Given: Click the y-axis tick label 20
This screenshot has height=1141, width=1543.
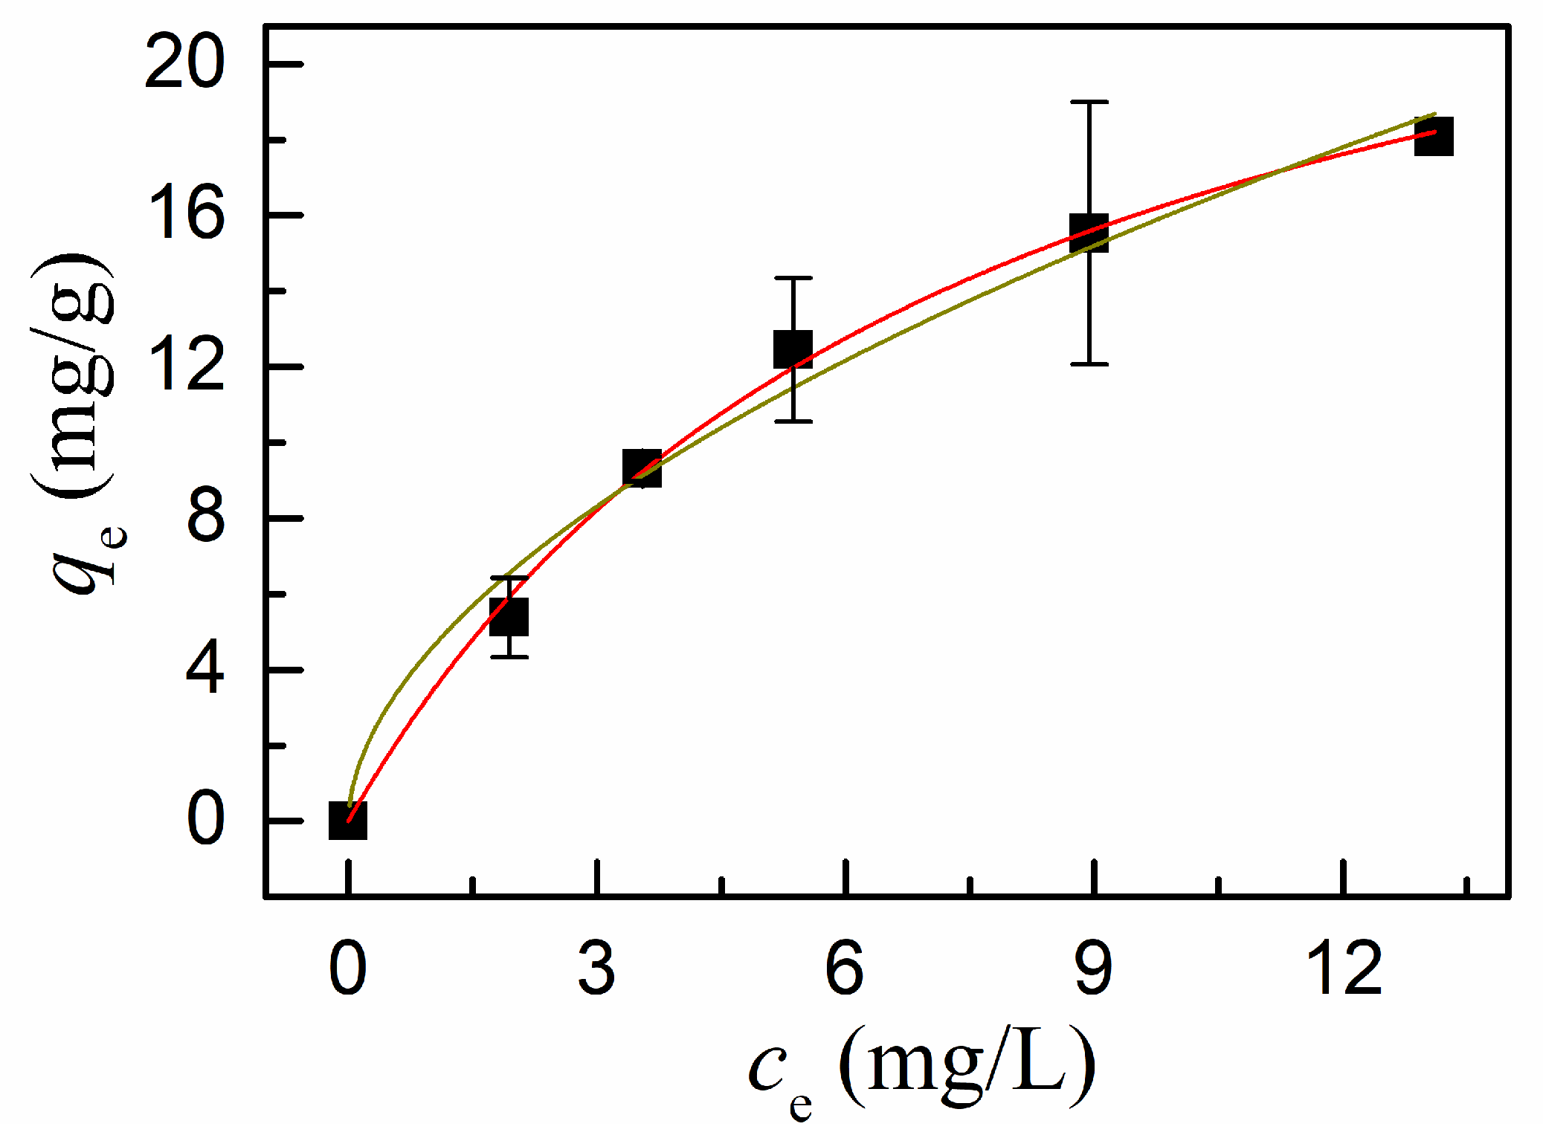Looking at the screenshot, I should [x=184, y=64].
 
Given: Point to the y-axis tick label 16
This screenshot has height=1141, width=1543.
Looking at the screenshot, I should [x=184, y=216].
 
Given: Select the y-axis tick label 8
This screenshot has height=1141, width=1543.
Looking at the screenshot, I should [x=205, y=518].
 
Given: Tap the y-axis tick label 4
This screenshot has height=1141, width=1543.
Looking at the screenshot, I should [x=205, y=670].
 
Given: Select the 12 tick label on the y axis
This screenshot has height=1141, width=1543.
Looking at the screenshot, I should [x=184, y=367].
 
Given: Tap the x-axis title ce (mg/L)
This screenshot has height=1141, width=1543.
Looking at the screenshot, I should [x=922, y=1070].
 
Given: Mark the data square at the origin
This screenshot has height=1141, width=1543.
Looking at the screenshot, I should [x=348, y=821].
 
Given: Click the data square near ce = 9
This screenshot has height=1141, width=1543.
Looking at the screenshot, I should [x=1089, y=233].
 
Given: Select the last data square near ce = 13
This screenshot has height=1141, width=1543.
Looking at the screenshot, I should [x=1434, y=137].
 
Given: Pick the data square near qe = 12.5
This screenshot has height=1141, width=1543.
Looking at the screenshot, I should [x=793, y=349].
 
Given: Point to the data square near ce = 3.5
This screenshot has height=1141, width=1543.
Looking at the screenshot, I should [x=642, y=468].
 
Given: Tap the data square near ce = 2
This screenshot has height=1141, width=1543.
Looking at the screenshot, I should [x=509, y=617].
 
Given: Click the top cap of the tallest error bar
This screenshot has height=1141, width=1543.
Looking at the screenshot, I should [x=1089, y=102].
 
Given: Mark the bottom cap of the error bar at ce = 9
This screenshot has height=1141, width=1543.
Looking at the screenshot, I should [x=1089, y=364].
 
